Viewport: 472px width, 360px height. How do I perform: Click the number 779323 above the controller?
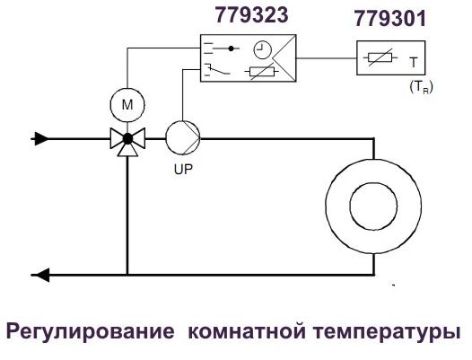point(251,15)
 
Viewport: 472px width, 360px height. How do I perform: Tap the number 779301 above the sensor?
point(390,19)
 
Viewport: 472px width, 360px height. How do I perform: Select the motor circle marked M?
point(127,105)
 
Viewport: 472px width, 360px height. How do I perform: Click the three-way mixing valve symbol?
point(127,142)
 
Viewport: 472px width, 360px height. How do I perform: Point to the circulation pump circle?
point(183,138)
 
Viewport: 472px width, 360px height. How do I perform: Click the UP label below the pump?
point(183,170)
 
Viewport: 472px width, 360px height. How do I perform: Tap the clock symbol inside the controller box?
point(262,49)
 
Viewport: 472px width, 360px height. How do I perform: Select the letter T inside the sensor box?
point(414,62)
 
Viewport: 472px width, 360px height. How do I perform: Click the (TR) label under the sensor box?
point(421,88)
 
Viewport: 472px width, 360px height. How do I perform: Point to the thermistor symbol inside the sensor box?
point(380,57)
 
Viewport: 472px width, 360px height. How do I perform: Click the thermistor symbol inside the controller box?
point(262,72)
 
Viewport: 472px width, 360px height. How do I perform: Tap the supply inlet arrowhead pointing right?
point(41,139)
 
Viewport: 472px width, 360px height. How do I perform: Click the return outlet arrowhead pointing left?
point(41,275)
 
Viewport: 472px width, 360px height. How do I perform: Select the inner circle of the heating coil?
point(373,206)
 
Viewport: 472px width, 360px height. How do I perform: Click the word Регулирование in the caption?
point(90,331)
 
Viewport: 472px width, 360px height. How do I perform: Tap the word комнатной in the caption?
point(247,330)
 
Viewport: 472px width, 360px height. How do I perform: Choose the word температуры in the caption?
point(387,332)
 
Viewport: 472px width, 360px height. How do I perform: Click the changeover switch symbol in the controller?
point(217,70)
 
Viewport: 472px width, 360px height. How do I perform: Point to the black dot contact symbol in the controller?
point(231,48)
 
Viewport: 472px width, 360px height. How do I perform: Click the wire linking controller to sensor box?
point(327,57)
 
